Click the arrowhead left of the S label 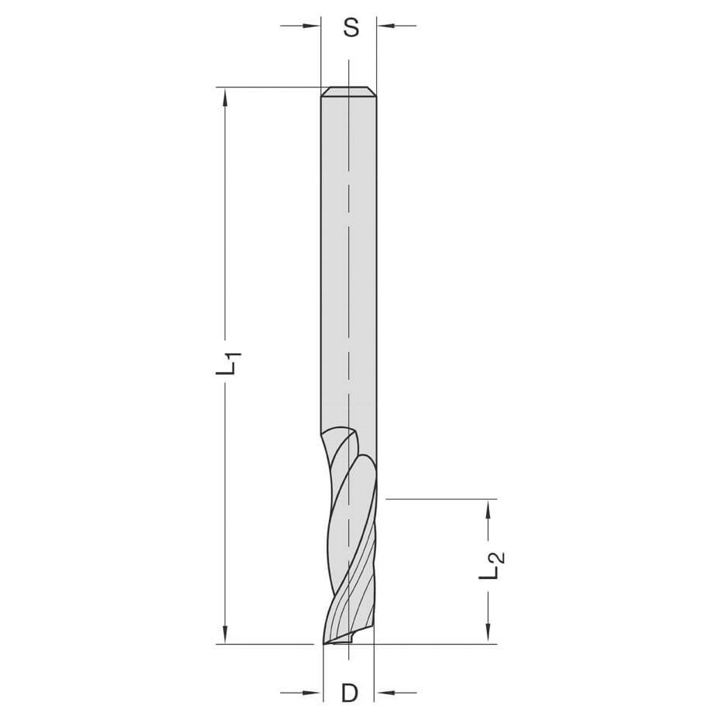click(x=313, y=26)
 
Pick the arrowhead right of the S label click(x=385, y=26)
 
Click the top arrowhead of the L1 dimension click(x=225, y=97)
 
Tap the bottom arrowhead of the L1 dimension click(x=225, y=634)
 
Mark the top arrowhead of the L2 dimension click(x=488, y=508)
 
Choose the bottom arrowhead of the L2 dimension click(x=488, y=634)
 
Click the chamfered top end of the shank click(x=349, y=92)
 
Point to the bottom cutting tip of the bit click(x=325, y=642)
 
